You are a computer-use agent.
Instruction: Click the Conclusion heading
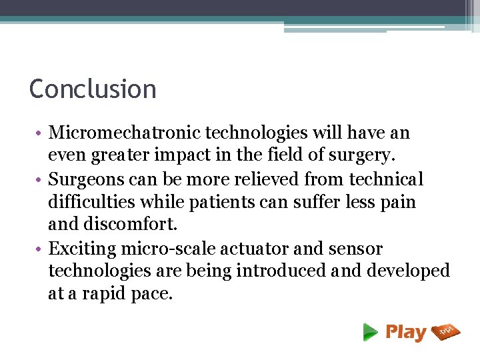[x=93, y=89]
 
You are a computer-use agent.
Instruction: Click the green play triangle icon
[x=370, y=331]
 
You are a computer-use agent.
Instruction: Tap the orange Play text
[x=405, y=331]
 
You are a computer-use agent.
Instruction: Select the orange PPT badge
[x=446, y=331]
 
